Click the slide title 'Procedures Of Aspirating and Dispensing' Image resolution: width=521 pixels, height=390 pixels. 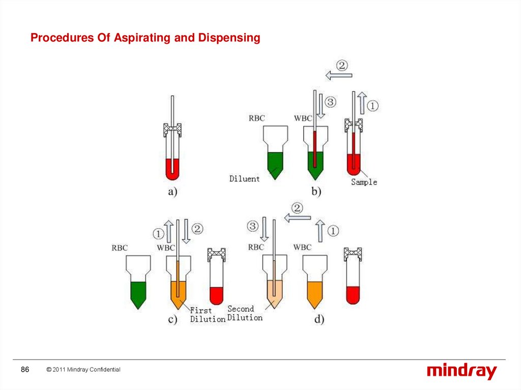tap(146, 38)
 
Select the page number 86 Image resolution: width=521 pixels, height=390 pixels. tap(25, 370)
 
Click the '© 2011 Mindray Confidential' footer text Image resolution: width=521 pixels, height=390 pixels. tap(83, 370)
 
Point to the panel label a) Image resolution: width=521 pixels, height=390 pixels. tap(172, 193)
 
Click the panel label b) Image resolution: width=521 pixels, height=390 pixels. tap(316, 192)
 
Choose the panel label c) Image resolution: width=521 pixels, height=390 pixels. tap(172, 319)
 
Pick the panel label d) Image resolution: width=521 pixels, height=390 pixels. tap(319, 319)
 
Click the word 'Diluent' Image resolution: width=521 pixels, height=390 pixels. tap(244, 179)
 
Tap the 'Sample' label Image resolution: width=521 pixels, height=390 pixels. tap(364, 182)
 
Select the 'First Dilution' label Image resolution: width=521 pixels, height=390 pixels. tap(208, 315)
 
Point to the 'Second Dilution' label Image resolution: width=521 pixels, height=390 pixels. tap(245, 313)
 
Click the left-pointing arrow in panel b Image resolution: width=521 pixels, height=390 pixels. tap(339, 76)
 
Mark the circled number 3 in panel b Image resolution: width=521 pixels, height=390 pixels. tap(330, 103)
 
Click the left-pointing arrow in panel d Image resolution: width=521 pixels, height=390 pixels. tap(297, 218)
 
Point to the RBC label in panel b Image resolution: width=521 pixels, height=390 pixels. tap(256, 118)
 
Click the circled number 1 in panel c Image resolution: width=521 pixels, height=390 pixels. tap(158, 233)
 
